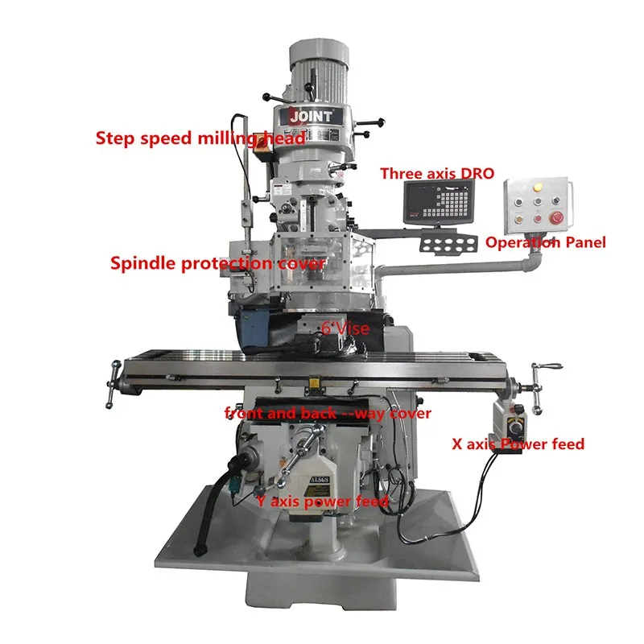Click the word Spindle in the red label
pos(136,263)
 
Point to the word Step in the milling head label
pos(112,138)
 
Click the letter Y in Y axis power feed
pos(261,501)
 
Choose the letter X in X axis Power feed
pos(460,443)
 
